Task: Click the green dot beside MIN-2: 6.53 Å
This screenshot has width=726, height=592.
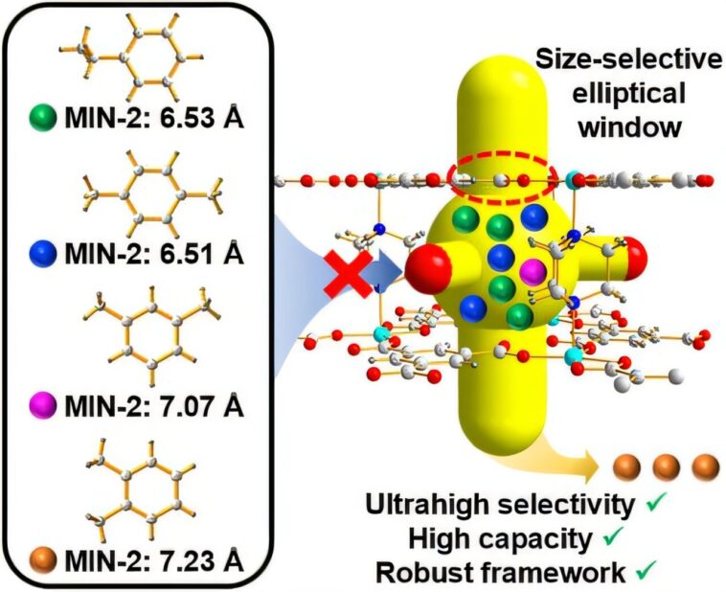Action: [x=39, y=119]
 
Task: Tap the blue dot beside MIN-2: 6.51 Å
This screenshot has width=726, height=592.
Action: [x=39, y=256]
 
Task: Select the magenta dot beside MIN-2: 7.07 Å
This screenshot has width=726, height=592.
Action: [x=39, y=405]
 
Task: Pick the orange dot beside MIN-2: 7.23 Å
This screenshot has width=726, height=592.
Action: [x=39, y=556]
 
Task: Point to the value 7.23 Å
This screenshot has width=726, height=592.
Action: [x=206, y=556]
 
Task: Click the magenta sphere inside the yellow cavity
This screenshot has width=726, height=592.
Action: [x=531, y=273]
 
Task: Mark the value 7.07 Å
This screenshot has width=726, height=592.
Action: [x=206, y=405]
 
